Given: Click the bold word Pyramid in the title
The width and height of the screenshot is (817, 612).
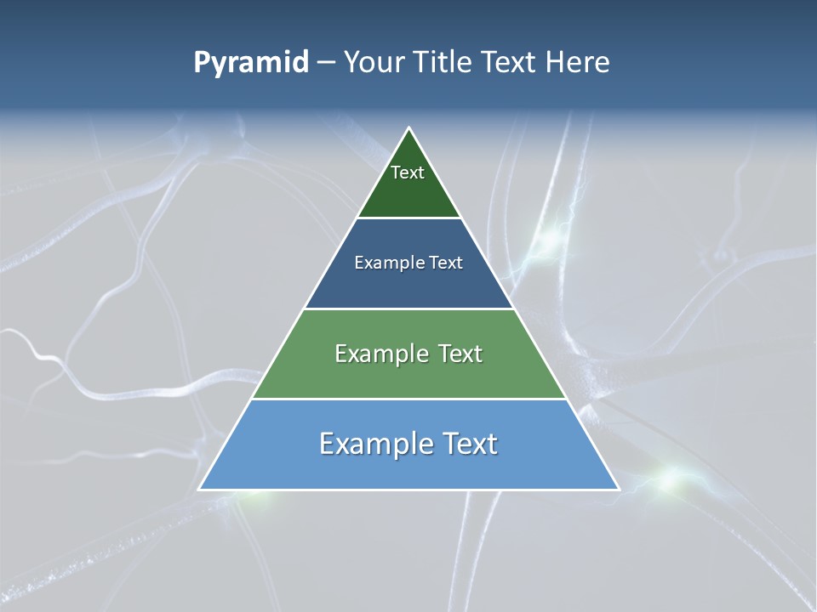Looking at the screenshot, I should [x=251, y=63].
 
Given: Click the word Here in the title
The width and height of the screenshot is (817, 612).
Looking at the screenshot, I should [x=578, y=63].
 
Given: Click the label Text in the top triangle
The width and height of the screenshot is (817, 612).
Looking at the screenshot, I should [x=408, y=173].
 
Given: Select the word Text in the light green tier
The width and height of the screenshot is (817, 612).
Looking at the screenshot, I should [x=460, y=354].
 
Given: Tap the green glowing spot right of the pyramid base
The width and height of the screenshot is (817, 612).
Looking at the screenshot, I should [x=672, y=481].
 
